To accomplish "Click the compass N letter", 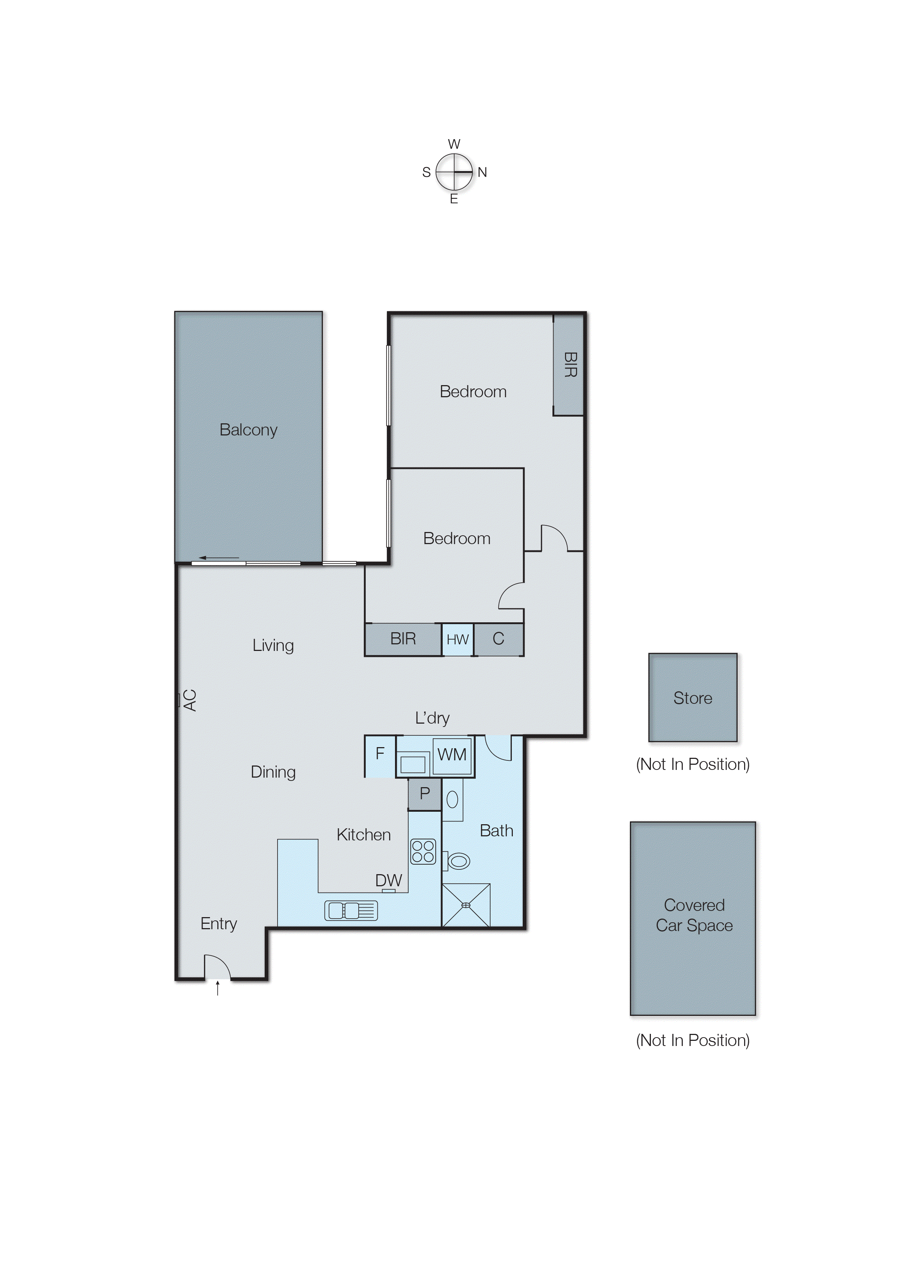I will click(482, 173).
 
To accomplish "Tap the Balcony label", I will click(248, 430).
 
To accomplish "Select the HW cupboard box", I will click(457, 640).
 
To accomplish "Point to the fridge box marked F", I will click(380, 754).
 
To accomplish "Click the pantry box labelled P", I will click(424, 793).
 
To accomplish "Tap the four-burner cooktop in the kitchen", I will click(423, 851).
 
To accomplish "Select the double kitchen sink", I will click(351, 910).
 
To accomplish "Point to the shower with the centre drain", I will click(466, 905).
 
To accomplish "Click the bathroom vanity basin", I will click(452, 800).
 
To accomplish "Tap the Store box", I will click(693, 698).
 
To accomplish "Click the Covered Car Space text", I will click(694, 915).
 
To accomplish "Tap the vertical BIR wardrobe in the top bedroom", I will click(568, 365).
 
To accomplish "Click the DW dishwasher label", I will click(388, 880).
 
